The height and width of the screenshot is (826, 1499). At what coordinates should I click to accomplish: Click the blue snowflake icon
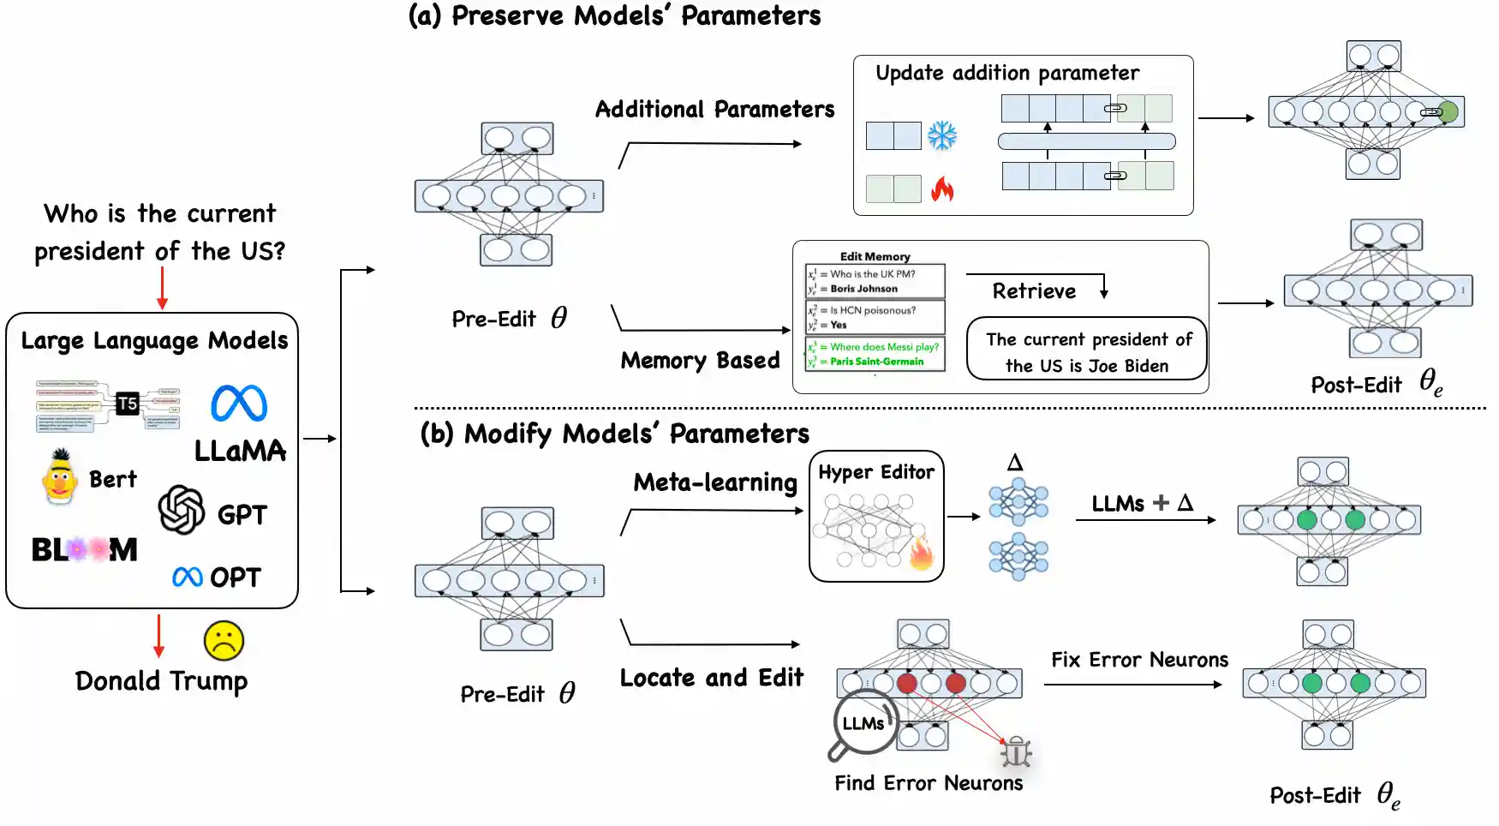(x=942, y=135)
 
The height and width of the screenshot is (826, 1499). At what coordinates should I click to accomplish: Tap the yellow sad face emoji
(x=224, y=640)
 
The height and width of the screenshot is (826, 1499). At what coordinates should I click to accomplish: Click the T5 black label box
(x=128, y=403)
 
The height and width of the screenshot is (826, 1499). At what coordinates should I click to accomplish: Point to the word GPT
(x=242, y=514)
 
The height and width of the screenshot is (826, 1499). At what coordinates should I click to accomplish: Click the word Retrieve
(x=1034, y=291)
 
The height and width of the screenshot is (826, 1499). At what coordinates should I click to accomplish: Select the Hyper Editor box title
(x=876, y=472)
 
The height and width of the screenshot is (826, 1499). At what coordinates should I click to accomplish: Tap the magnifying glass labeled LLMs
(x=863, y=724)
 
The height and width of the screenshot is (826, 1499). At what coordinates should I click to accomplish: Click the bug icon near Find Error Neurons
(x=1016, y=751)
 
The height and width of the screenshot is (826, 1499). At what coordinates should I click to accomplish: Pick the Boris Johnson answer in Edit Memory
(x=863, y=289)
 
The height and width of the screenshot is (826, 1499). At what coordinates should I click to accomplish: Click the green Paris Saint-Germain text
(x=876, y=362)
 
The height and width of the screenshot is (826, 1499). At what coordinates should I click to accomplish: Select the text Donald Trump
(x=161, y=680)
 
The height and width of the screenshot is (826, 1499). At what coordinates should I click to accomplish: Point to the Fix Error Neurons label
(x=1139, y=660)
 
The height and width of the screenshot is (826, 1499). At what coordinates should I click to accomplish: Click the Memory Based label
(x=700, y=360)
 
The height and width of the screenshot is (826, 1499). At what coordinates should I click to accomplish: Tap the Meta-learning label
(x=715, y=482)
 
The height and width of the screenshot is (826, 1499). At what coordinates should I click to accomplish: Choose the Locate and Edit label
(x=711, y=678)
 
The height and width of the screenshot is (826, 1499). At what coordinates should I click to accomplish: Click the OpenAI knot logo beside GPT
(x=182, y=510)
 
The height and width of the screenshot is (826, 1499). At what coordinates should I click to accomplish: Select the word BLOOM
(x=84, y=549)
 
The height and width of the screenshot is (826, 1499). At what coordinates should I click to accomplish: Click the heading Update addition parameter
(x=1007, y=73)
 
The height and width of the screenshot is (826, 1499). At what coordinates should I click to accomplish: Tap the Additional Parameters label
(x=714, y=110)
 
